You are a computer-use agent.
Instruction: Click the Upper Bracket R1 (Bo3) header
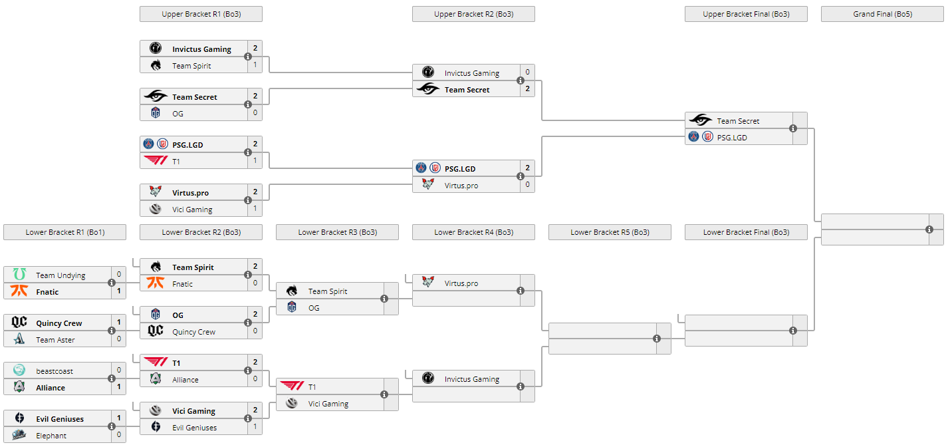201,14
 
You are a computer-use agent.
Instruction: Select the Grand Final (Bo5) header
882,14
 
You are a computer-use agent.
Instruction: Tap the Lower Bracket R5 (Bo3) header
610,232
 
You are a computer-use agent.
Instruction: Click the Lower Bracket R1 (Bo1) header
64,232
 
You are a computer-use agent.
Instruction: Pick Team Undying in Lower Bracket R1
60,275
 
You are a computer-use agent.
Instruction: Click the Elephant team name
51,436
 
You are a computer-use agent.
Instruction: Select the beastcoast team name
55,371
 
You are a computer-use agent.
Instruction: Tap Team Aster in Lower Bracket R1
55,340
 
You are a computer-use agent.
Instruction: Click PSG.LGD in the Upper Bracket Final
731,138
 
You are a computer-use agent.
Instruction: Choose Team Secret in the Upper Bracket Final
738,121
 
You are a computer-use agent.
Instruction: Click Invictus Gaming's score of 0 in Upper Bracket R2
527,72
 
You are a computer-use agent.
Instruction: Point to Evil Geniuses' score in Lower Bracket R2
255,427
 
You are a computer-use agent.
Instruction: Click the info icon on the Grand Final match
929,229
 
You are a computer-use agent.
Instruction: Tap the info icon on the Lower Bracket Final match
793,331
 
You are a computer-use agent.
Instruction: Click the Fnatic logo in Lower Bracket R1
19,291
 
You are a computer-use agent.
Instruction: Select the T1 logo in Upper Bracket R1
156,160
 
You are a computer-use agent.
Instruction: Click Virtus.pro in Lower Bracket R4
461,283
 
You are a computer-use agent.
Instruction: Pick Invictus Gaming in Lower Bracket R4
471,379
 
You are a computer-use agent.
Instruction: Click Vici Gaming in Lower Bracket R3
328,404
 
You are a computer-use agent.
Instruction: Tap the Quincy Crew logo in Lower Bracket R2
156,331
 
